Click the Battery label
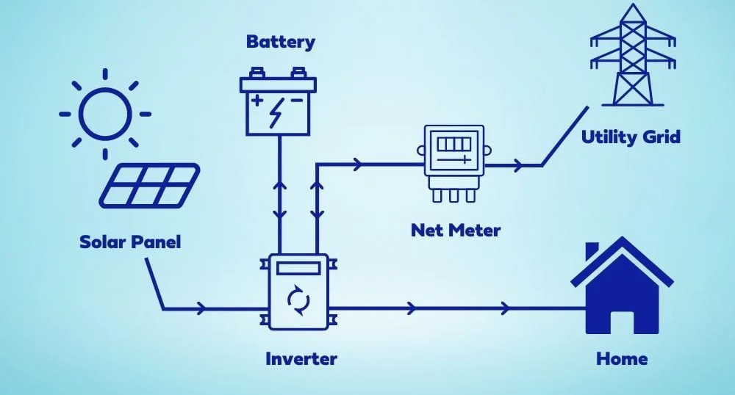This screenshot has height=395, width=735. click(280, 41)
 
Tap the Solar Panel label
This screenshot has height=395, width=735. click(130, 242)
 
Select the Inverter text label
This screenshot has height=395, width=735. click(301, 359)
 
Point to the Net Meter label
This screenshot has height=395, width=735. click(456, 230)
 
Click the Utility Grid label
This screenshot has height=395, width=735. click(631, 137)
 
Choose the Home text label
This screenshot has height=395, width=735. click(622, 359)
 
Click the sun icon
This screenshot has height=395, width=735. click(105, 114)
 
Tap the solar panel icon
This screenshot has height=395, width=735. click(150, 184)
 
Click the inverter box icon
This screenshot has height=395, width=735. click(298, 292)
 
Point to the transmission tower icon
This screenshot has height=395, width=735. click(622, 57)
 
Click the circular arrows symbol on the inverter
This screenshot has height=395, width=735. click(298, 300)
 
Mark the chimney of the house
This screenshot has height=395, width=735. click(592, 252)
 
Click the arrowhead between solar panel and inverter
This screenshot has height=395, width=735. click(202, 308)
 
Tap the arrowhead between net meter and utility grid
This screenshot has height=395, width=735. click(519, 165)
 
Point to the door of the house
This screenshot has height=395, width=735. click(622, 322)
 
